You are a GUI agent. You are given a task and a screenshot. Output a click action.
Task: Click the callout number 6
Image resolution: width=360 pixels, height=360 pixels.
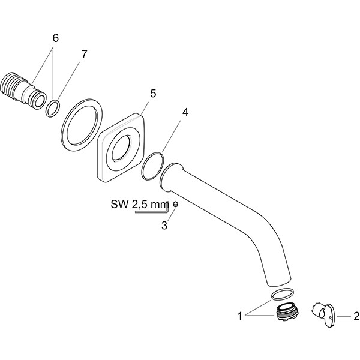[x=55, y=37]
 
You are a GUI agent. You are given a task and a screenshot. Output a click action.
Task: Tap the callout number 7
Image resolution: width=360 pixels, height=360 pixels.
[x=84, y=54]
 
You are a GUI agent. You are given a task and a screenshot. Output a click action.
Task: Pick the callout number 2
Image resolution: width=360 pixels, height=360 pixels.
[x=356, y=314]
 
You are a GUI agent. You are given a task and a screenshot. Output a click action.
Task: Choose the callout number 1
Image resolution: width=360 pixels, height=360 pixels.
[x=241, y=314]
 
